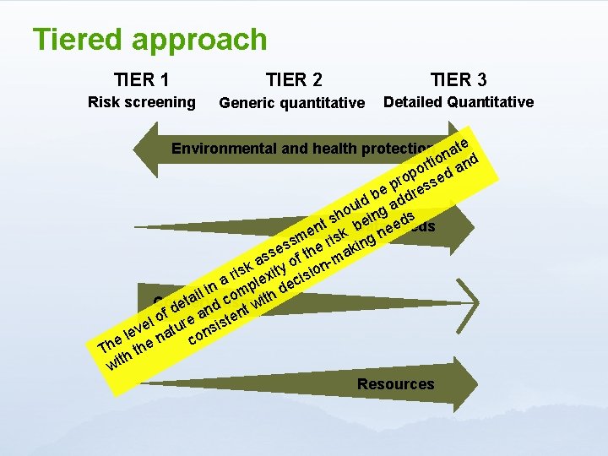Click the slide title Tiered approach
pyautogui.click(x=149, y=40)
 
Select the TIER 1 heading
pyautogui.click(x=142, y=80)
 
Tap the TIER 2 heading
pyautogui.click(x=293, y=80)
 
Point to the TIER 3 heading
pyautogui.click(x=458, y=80)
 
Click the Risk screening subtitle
pyautogui.click(x=142, y=103)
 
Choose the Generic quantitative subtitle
pyautogui.click(x=291, y=104)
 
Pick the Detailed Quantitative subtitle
pyautogui.click(x=458, y=102)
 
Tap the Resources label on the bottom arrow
pyautogui.click(x=395, y=384)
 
